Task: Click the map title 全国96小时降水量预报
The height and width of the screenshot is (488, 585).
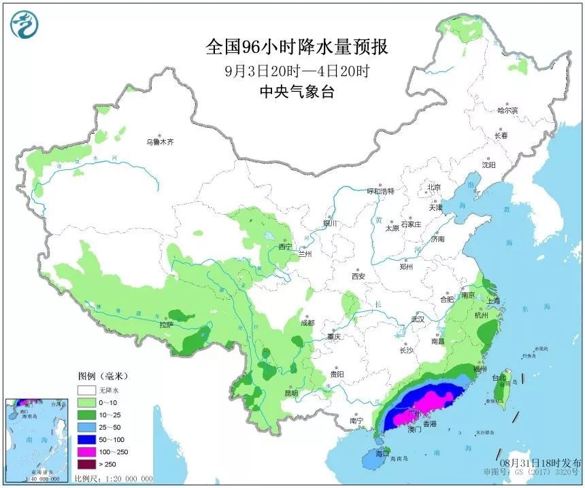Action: point(297,47)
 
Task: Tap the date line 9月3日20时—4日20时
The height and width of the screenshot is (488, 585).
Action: point(297,70)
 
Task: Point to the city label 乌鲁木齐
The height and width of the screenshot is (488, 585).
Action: point(161,142)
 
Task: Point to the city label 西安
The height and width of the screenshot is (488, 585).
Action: point(358,276)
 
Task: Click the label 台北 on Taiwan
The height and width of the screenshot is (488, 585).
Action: point(499,377)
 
